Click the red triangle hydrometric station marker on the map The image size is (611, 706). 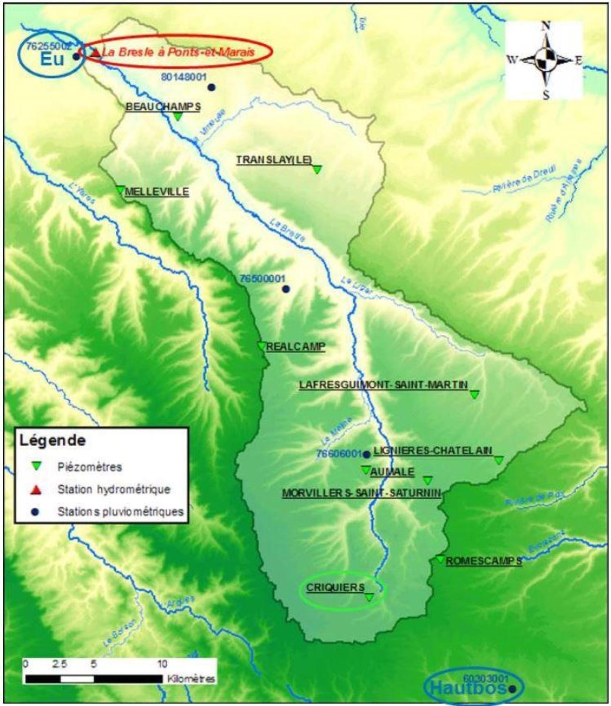[96, 52]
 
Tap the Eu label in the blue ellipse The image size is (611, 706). [52, 59]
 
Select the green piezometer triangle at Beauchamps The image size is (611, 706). [178, 117]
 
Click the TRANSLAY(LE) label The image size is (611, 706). [274, 160]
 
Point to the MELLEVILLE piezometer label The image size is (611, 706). [157, 191]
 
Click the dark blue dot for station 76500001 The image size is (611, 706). [286, 289]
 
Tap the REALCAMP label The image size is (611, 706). [295, 347]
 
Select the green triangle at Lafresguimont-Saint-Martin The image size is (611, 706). [475, 395]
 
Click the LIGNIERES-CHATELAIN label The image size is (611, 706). [433, 450]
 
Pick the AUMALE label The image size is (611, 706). [392, 471]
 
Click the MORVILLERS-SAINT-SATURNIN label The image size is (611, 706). [361, 493]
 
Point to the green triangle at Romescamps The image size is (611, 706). [440, 559]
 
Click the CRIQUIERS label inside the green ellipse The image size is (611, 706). [335, 588]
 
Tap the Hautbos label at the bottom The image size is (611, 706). [468, 688]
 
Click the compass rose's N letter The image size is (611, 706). [545, 26]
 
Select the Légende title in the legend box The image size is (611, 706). [52, 440]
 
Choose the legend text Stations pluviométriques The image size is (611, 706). [120, 512]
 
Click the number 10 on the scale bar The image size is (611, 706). [162, 664]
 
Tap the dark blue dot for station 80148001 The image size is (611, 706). [212, 87]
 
